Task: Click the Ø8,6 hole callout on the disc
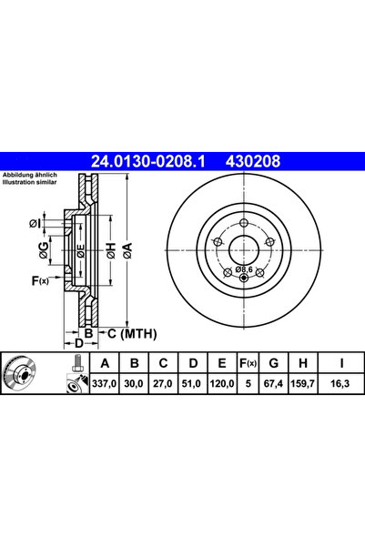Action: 243,269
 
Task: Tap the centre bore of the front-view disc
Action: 243,248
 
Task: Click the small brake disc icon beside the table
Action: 25,375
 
